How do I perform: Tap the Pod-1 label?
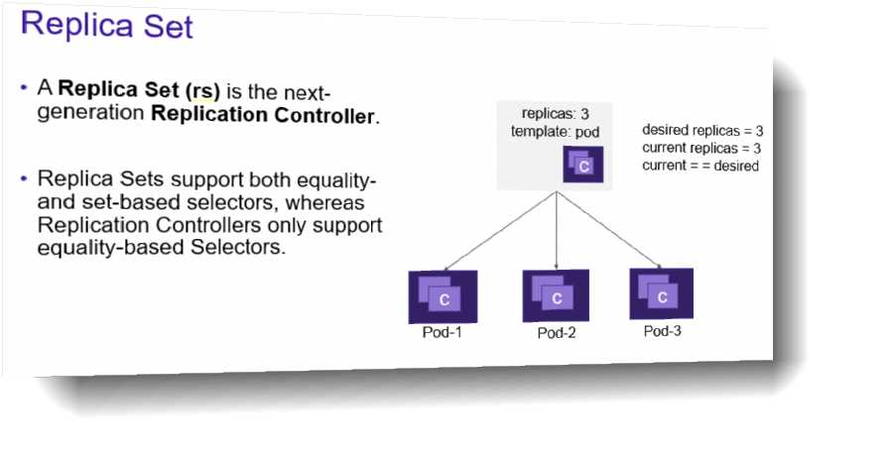click(x=443, y=330)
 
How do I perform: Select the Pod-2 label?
click(x=557, y=332)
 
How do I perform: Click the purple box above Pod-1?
click(x=443, y=294)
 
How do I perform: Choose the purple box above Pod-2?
click(x=556, y=295)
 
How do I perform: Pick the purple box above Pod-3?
click(x=662, y=293)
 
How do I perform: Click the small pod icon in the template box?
click(x=580, y=164)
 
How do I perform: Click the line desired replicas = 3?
click(x=702, y=130)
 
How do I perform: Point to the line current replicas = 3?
click(x=701, y=148)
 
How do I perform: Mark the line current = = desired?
click(x=701, y=166)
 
